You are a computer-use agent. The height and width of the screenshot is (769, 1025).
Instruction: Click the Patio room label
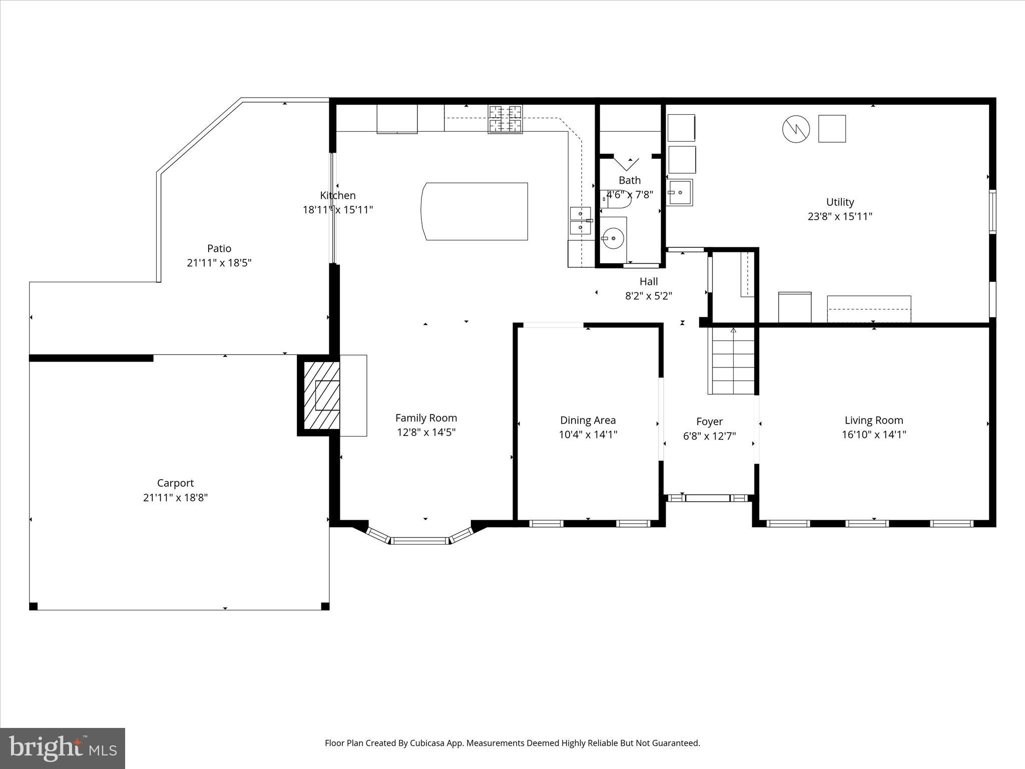[219, 248]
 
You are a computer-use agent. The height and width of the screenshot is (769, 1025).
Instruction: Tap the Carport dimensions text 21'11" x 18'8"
[175, 497]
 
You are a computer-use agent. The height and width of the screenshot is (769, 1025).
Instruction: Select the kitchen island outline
[475, 211]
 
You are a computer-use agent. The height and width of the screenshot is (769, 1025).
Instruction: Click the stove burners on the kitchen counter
[505, 119]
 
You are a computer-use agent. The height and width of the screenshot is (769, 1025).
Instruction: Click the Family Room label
[426, 418]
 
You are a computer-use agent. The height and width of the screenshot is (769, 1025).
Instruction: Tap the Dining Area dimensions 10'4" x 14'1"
[588, 435]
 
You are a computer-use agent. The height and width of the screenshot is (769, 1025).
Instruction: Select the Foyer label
[709, 422]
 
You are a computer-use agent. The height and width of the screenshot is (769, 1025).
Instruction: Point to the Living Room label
[873, 421]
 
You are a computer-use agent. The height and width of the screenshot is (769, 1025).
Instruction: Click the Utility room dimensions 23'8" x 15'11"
[840, 216]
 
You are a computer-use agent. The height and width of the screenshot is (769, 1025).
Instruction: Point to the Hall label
[648, 281]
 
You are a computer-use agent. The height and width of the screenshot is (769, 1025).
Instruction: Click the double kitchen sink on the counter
[580, 221]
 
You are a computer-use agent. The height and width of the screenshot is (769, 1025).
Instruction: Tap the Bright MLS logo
[63, 748]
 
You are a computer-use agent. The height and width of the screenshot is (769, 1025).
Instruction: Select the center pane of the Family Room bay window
[420, 541]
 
